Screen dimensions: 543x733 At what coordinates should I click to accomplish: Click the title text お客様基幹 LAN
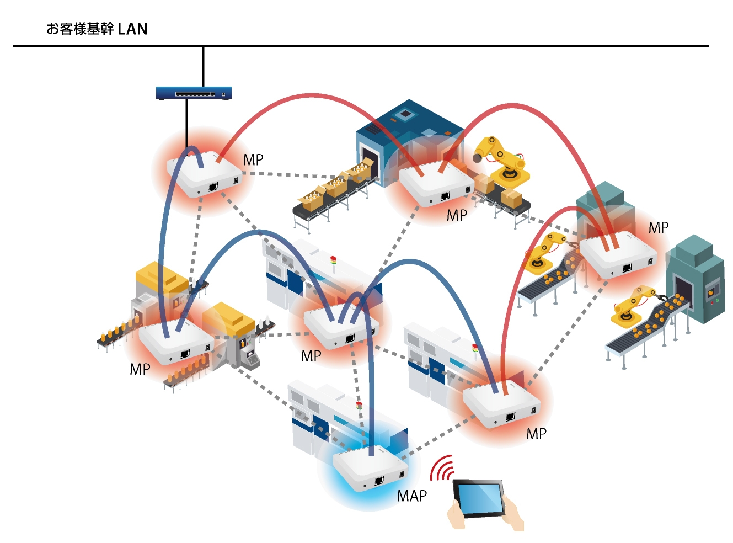(x=97, y=29)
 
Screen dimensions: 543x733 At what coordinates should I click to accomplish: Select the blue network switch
(x=193, y=93)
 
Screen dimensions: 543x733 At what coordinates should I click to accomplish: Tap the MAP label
(x=411, y=496)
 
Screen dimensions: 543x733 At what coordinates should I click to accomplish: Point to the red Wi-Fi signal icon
(x=442, y=468)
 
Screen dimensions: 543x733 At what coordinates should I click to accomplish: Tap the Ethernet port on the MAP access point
(x=379, y=481)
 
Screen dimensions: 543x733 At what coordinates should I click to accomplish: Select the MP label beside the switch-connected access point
(x=253, y=160)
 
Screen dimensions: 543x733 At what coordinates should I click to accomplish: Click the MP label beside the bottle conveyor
(x=140, y=369)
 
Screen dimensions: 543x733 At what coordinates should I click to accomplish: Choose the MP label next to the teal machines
(x=658, y=228)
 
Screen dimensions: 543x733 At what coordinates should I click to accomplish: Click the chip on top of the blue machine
(x=406, y=114)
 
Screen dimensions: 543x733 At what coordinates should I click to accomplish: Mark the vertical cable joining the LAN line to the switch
(x=204, y=66)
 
